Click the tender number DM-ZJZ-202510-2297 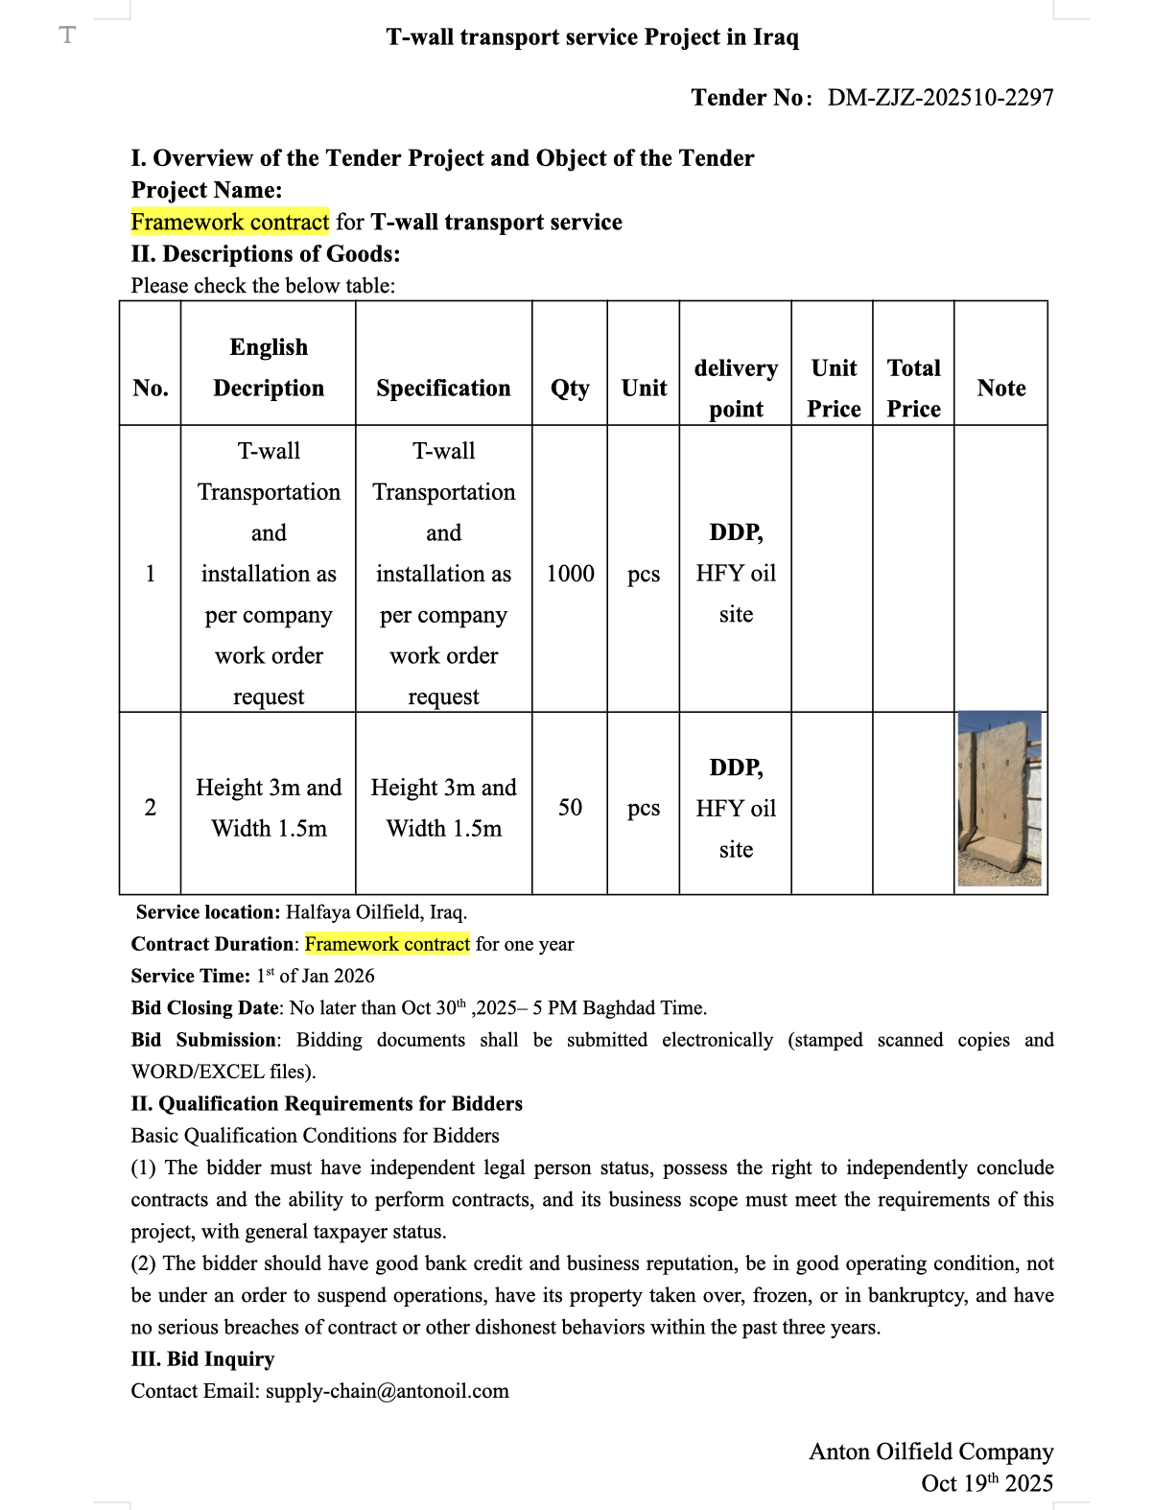pyautogui.click(x=940, y=98)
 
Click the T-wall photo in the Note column pyautogui.click(x=1000, y=798)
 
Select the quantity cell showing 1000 pyautogui.click(x=570, y=574)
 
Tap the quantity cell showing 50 pyautogui.click(x=570, y=808)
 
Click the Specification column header pyautogui.click(x=443, y=389)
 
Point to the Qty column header pyautogui.click(x=570, y=389)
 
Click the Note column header pyautogui.click(x=1000, y=389)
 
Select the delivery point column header pyautogui.click(x=736, y=389)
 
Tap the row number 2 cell pyautogui.click(x=150, y=808)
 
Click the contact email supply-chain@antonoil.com pyautogui.click(x=387, y=1391)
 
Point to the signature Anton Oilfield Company pyautogui.click(x=930, y=1451)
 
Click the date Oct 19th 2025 pyautogui.click(x=986, y=1483)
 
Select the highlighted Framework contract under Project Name pyautogui.click(x=229, y=223)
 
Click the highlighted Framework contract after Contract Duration pyautogui.click(x=387, y=944)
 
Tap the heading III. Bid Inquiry pyautogui.click(x=202, y=1359)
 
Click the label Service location pyautogui.click(x=207, y=912)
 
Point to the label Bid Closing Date pyautogui.click(x=205, y=1008)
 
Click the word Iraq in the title pyautogui.click(x=775, y=37)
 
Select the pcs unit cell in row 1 pyautogui.click(x=644, y=574)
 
